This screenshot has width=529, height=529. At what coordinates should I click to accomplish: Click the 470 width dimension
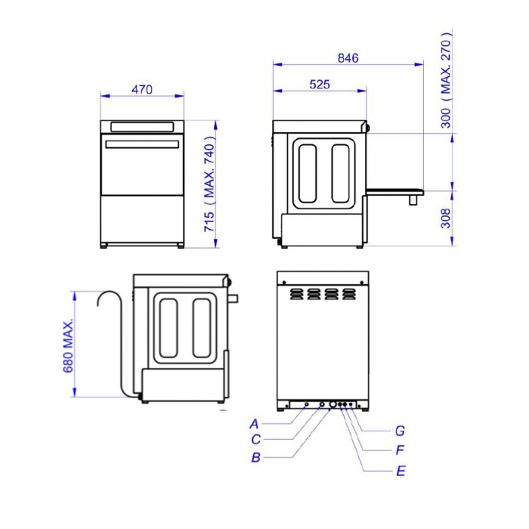click(x=142, y=89)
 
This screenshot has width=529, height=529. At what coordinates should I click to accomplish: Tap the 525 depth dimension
click(x=320, y=85)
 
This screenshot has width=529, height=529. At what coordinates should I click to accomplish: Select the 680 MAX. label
click(x=68, y=345)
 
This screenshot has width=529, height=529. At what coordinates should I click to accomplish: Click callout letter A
click(x=255, y=423)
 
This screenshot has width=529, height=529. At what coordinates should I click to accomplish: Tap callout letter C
click(x=256, y=439)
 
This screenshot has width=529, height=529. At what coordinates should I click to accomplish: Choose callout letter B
click(x=256, y=457)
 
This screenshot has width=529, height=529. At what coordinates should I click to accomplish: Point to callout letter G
click(x=400, y=431)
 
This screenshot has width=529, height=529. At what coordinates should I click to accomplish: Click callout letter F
click(x=400, y=450)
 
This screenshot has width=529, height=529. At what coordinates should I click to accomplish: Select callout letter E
click(x=401, y=471)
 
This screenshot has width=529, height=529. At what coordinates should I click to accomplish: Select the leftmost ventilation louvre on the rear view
click(x=294, y=292)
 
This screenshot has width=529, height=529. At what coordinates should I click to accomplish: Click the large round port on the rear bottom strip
click(x=331, y=405)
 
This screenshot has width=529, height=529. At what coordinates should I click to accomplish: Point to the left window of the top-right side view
click(x=308, y=173)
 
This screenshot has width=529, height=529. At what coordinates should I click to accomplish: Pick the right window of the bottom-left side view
click(x=202, y=328)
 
